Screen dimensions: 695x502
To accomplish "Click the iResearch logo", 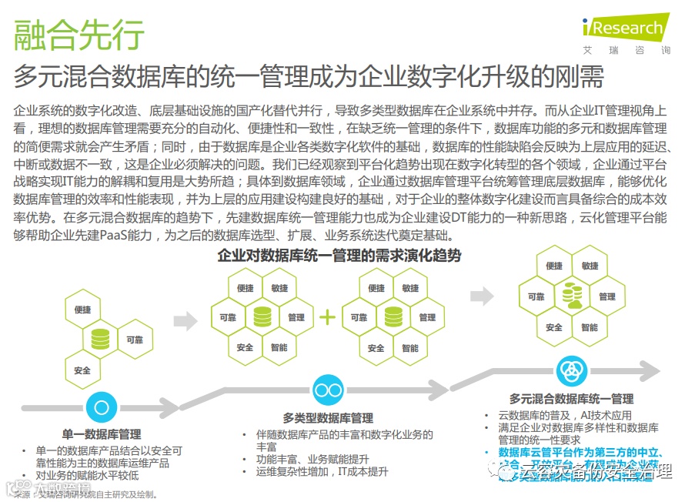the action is point(625,28).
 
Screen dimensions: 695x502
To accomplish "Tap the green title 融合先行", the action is point(79,35).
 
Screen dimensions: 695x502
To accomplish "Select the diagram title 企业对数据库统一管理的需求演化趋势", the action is point(339,255).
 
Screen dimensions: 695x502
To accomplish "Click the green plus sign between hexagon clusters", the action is point(329,316).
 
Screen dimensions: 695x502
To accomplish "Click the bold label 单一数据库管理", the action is point(102,434).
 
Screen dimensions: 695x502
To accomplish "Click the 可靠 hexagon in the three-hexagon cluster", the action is point(134,339).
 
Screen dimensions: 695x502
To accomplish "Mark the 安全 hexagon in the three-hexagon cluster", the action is point(82,370).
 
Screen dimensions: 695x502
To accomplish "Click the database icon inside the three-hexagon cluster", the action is point(99,339).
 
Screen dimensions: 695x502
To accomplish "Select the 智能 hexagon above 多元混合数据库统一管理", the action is point(590,327).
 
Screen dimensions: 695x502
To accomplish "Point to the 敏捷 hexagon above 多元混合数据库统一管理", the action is point(590,266).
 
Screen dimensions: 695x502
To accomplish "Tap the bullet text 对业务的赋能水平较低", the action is point(84,475).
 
